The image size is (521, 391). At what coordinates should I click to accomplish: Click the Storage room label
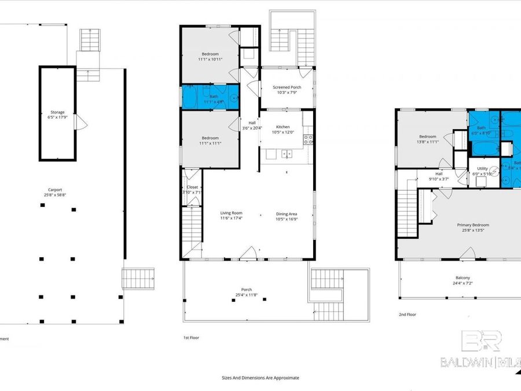[57, 112]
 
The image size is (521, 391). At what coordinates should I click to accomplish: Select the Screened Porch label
[287, 87]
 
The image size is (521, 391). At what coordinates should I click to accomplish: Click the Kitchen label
[282, 127]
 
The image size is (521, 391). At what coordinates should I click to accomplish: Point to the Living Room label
[231, 213]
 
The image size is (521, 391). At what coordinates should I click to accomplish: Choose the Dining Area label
[287, 213]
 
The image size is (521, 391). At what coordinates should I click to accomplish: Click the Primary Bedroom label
[473, 225]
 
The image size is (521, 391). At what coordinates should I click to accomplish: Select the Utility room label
[482, 168]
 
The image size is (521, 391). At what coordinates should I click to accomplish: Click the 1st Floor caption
[192, 337]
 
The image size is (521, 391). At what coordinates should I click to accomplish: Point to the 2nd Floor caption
[407, 315]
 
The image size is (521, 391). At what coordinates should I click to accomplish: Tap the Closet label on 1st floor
[192, 187]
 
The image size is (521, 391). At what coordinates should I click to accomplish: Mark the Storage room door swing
[82, 122]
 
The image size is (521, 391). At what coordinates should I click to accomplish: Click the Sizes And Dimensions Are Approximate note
[260, 378]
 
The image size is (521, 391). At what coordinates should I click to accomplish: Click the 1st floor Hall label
[252, 123]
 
